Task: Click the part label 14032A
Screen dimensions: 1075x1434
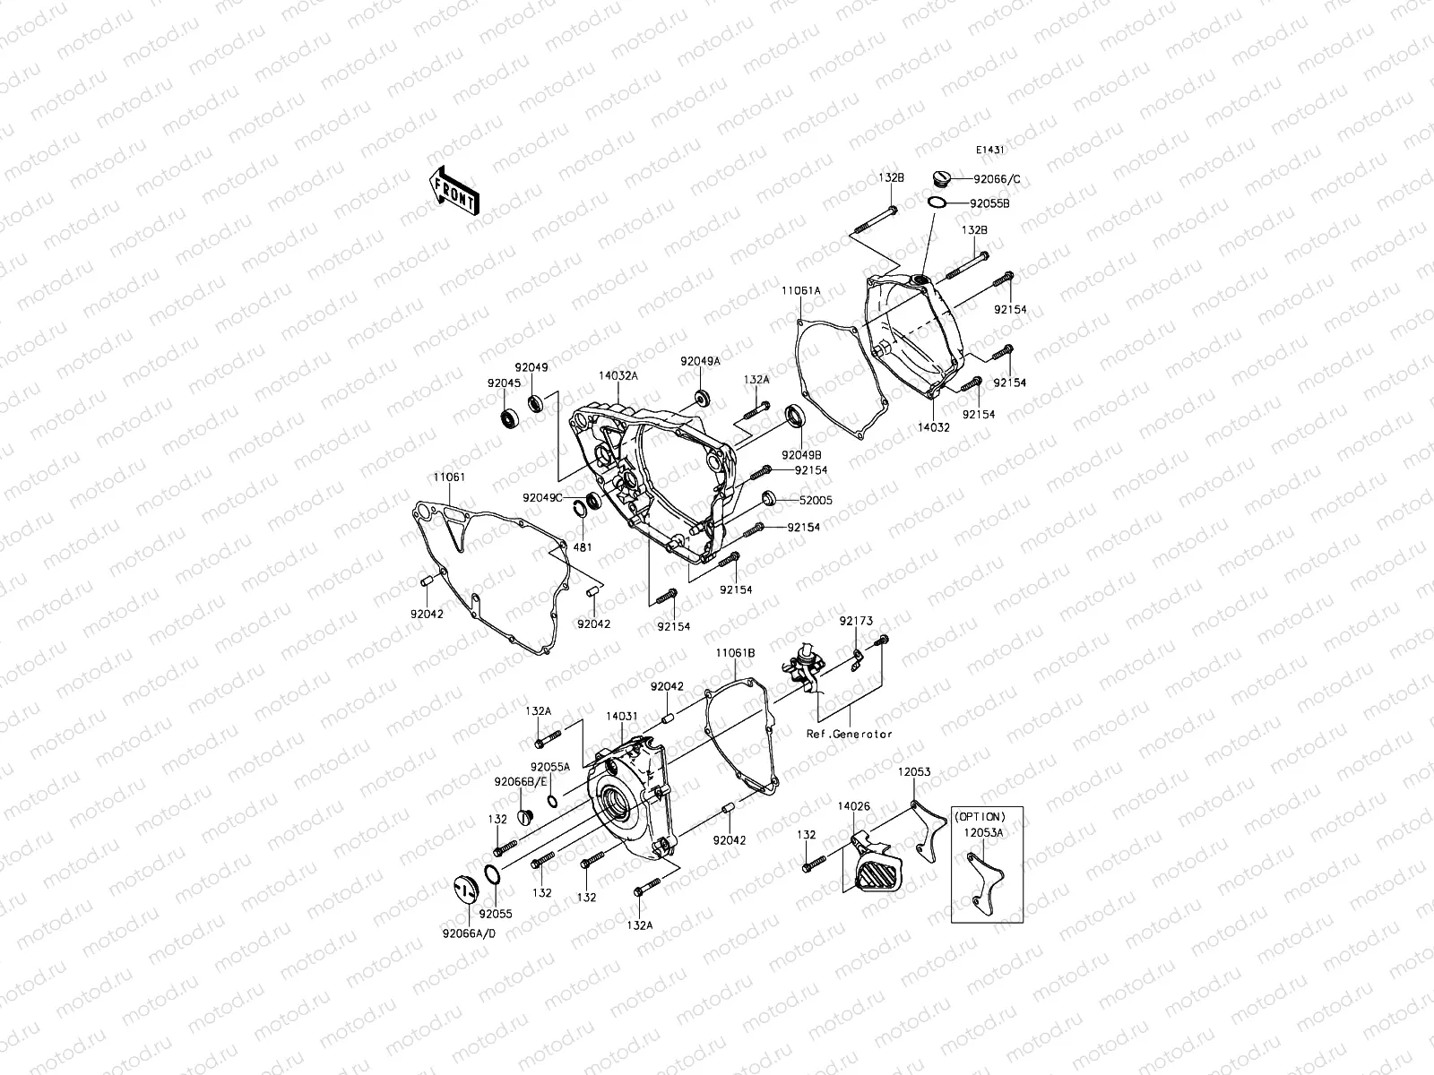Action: (618, 376)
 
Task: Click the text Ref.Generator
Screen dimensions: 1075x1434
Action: (849, 734)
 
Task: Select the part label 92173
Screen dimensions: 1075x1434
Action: (855, 621)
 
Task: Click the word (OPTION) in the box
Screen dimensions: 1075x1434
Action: (979, 816)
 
